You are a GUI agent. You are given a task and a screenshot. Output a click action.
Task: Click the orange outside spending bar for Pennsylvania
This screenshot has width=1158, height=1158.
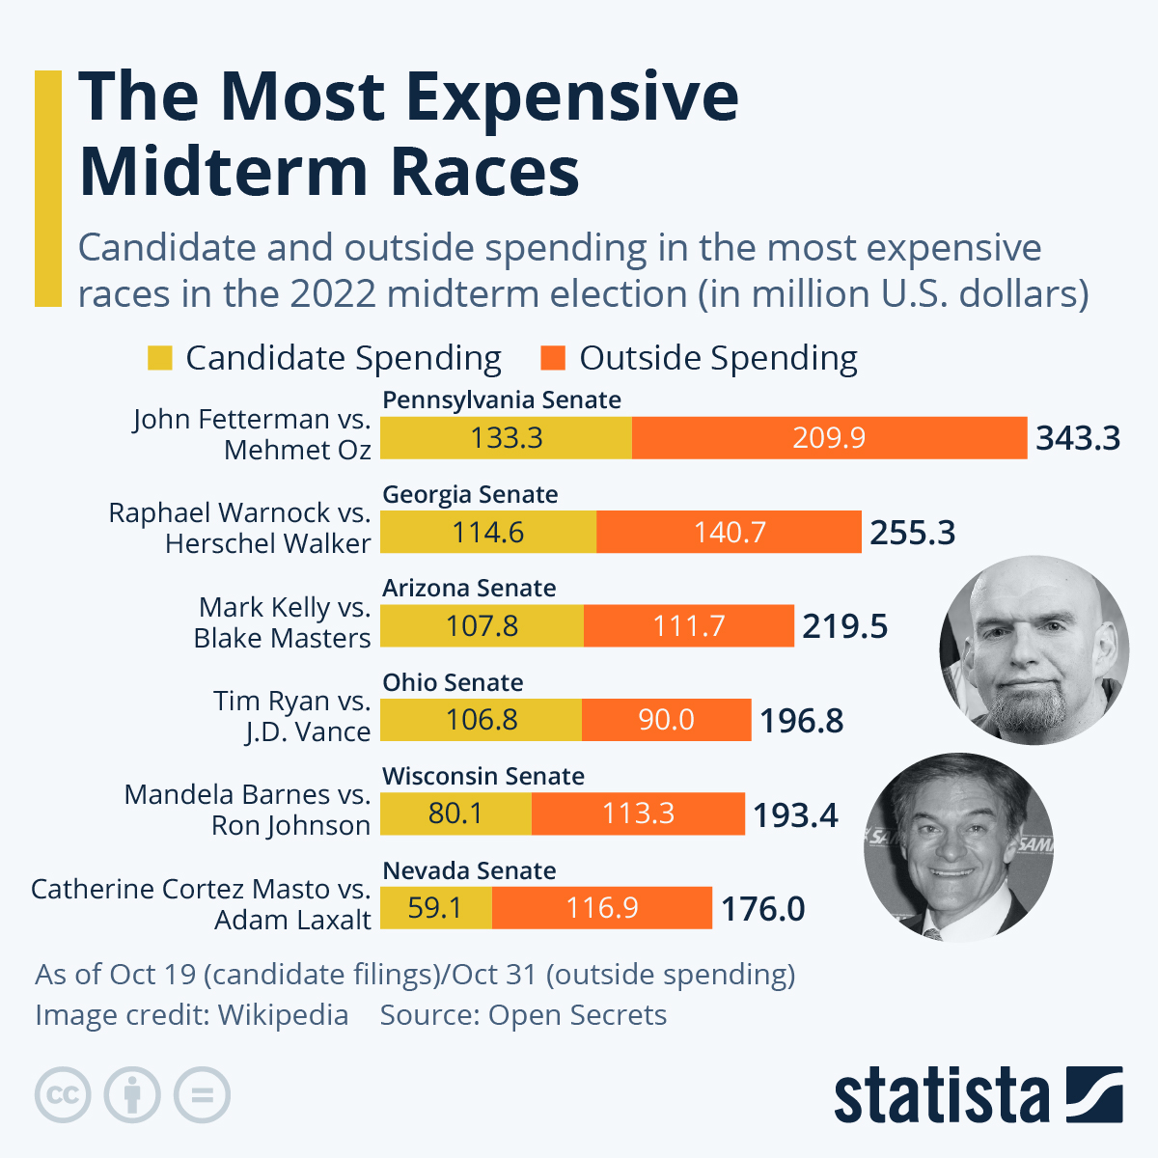click(x=829, y=438)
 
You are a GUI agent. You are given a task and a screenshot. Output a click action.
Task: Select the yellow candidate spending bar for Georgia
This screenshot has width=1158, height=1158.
click(x=488, y=532)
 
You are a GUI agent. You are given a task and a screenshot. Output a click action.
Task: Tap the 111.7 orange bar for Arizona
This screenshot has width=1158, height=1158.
click(x=688, y=626)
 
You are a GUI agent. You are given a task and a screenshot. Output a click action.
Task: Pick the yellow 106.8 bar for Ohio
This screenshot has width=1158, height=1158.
click(x=482, y=720)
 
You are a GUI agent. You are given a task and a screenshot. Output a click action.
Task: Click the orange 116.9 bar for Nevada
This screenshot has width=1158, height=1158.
click(x=602, y=908)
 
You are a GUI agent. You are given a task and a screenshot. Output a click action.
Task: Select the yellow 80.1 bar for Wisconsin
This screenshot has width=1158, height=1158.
click(x=455, y=813)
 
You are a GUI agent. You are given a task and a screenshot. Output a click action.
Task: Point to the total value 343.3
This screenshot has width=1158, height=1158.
click(x=1078, y=438)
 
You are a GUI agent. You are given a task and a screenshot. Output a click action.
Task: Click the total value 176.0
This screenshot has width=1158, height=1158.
click(x=762, y=909)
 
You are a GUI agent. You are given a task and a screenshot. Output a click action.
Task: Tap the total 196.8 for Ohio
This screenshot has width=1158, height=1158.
click(x=801, y=721)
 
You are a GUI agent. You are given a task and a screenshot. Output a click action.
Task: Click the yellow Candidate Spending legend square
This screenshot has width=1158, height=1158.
click(x=159, y=358)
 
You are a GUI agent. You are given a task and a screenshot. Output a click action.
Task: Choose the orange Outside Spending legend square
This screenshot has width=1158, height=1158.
click(x=553, y=358)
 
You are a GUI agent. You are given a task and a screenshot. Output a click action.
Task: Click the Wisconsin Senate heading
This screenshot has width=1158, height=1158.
click(x=483, y=776)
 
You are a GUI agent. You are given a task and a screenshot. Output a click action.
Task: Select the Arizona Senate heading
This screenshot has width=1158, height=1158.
click(x=469, y=588)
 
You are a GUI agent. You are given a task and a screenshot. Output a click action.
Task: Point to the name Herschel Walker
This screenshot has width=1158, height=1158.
click(x=267, y=544)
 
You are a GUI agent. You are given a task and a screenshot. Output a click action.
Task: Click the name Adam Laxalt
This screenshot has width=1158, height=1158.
click(x=292, y=921)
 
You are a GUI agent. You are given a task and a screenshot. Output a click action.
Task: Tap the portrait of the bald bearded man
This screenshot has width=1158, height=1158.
click(x=1034, y=649)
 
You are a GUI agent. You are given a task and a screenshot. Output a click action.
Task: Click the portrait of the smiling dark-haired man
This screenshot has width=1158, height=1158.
click(x=957, y=847)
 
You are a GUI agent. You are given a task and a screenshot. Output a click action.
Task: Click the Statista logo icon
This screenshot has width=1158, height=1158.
click(x=1094, y=1094)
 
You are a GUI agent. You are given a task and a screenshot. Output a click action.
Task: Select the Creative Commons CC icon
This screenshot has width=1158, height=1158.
click(x=63, y=1095)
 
